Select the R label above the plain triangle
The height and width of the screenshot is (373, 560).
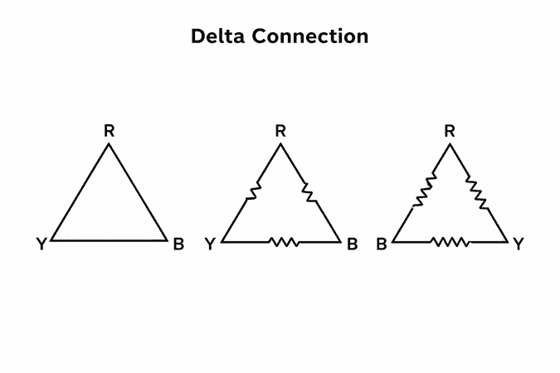(x=109, y=131)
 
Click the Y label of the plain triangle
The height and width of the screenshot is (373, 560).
(x=41, y=244)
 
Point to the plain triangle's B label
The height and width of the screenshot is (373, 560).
(x=178, y=244)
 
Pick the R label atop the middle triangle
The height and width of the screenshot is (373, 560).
(x=280, y=131)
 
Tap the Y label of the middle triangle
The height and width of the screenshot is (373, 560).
(x=211, y=244)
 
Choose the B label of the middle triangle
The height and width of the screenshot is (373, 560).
(x=352, y=244)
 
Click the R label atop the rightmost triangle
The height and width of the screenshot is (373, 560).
(x=450, y=131)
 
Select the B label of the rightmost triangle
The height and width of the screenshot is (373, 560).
(x=382, y=244)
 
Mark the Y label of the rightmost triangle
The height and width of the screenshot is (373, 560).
(x=519, y=244)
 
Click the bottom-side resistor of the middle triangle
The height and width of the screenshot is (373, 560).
(x=284, y=242)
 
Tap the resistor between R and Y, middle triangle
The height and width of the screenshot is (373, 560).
(x=254, y=191)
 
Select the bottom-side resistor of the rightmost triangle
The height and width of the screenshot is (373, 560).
(x=450, y=242)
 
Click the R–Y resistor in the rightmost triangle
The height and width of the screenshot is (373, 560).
(x=478, y=192)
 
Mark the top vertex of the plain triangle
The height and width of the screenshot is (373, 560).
(x=109, y=144)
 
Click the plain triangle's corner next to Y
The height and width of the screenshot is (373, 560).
(x=52, y=240)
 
